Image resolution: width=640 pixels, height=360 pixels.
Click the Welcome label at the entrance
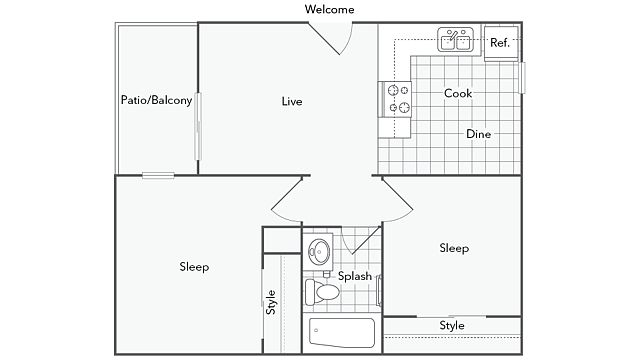pyautogui.click(x=329, y=9)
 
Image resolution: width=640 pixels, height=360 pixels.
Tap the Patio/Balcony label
pyautogui.click(x=156, y=100)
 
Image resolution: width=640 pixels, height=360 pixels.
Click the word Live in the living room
pyautogui.click(x=292, y=101)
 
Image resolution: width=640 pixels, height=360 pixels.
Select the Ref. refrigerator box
pyautogui.click(x=501, y=43)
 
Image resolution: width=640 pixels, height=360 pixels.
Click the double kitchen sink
pyautogui.click(x=456, y=40)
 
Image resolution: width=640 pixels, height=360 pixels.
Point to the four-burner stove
pyautogui.click(x=395, y=99)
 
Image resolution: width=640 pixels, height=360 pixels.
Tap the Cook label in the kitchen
pyautogui.click(x=458, y=93)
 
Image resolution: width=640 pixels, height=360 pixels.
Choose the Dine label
pyautogui.click(x=478, y=134)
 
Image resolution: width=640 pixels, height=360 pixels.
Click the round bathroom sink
pyautogui.click(x=319, y=251)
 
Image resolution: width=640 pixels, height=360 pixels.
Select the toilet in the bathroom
pyautogui.click(x=322, y=292)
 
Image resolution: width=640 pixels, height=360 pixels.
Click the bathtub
pyautogui.click(x=342, y=332)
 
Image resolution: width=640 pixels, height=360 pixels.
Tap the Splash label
pyautogui.click(x=355, y=276)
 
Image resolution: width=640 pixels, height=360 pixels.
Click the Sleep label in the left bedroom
pyautogui.click(x=194, y=267)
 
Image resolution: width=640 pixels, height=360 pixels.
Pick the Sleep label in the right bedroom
pyautogui.click(x=454, y=248)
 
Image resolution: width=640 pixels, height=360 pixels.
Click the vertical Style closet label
pyautogui.click(x=271, y=302)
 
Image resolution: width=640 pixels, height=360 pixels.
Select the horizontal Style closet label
pyautogui.click(x=452, y=326)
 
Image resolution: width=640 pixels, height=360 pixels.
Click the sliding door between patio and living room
pyautogui.click(x=198, y=127)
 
